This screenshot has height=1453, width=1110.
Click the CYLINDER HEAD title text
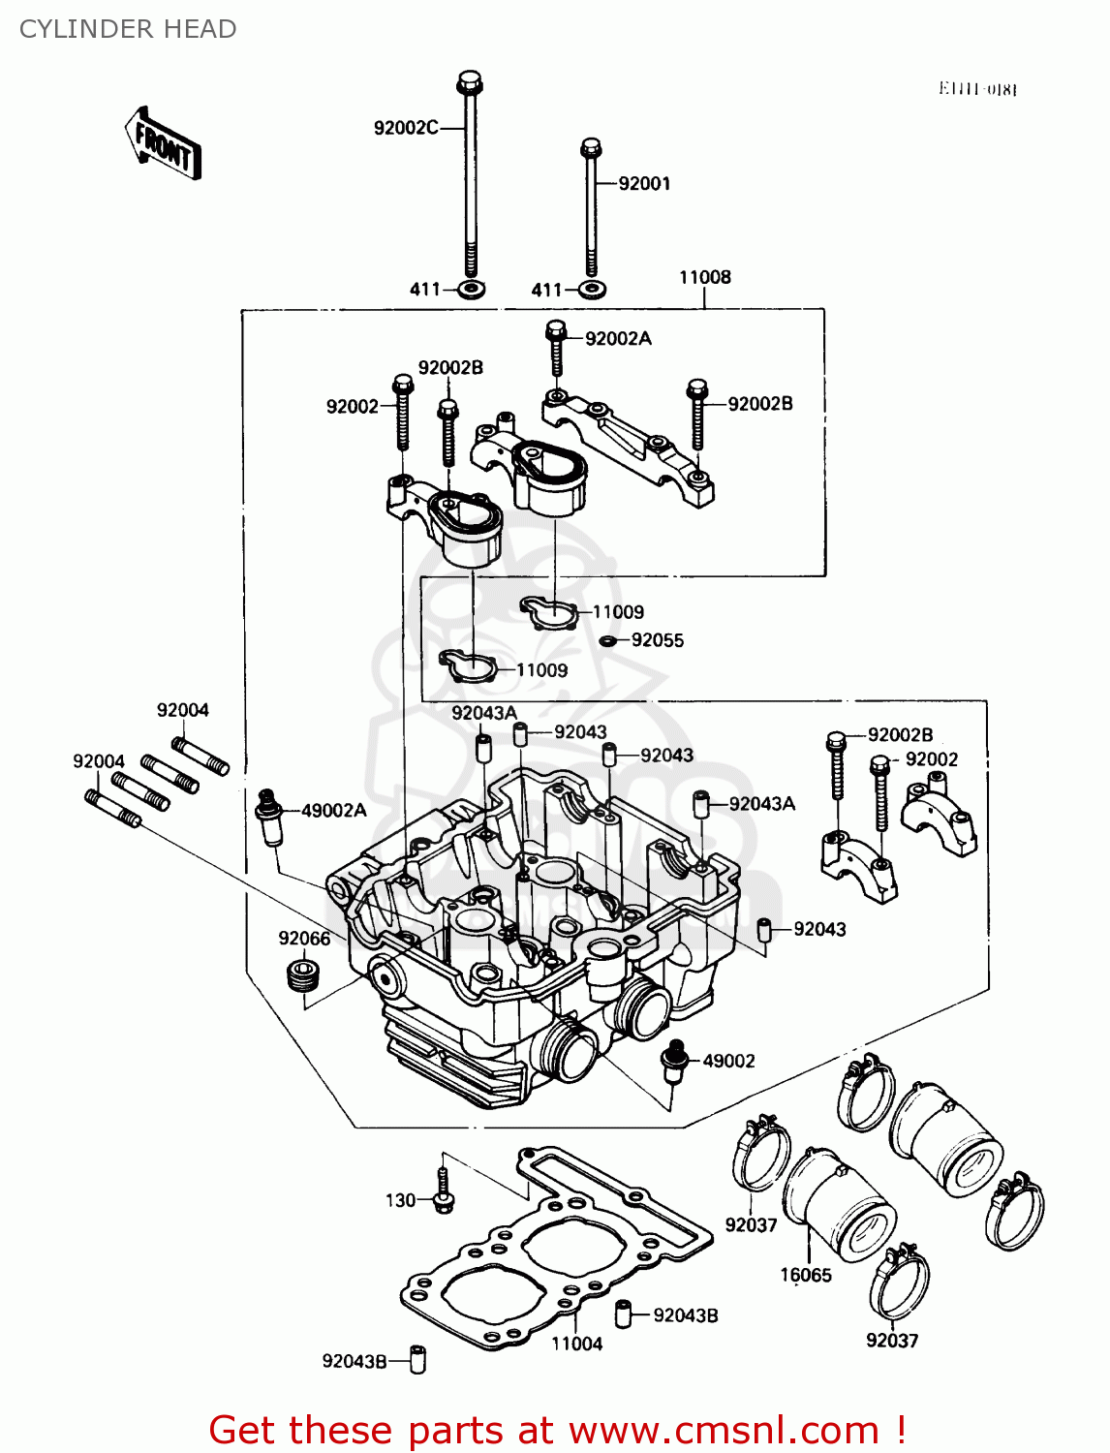[128, 29]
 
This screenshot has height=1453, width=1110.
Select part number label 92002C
[406, 128]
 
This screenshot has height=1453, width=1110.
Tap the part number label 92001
[644, 184]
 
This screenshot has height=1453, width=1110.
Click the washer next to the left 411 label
[472, 289]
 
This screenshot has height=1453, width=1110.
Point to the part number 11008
[704, 278]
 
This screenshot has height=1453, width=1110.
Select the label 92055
[657, 640]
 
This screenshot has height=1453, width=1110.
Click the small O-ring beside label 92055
[608, 641]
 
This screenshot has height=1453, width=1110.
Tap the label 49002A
[333, 811]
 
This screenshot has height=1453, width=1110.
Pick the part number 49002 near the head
[727, 1062]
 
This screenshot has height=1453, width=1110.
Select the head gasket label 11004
[576, 1344]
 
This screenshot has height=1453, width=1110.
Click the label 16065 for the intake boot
[806, 1276]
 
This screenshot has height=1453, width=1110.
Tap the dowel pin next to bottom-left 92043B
[417, 1359]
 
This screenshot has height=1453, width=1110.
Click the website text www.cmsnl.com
[723, 1431]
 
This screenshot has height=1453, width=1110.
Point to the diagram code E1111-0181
[977, 89]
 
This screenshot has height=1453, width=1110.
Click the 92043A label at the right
[761, 804]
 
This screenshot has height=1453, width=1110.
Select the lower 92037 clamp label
[891, 1341]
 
